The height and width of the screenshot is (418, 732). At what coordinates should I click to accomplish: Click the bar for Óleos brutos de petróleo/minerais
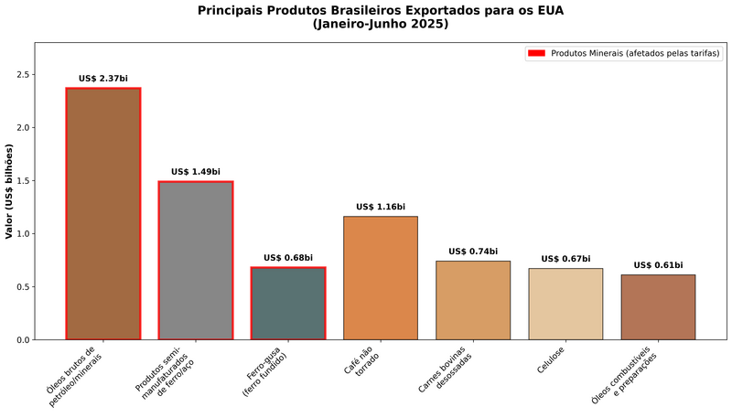103,214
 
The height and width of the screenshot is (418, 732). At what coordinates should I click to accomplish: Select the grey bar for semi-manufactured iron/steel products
196,261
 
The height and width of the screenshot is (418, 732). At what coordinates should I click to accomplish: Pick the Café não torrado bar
381,278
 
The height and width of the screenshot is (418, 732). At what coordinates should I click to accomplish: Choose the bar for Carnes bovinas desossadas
473,300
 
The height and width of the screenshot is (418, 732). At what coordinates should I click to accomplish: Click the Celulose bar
565,304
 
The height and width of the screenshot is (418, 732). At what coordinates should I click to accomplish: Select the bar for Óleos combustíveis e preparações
658,307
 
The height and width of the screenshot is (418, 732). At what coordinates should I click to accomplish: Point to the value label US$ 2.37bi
103,79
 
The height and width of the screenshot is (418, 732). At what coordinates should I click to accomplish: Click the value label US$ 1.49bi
196,172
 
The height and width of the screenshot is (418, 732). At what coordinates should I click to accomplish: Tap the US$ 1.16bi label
381,207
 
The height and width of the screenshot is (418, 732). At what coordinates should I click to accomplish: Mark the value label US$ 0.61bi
658,265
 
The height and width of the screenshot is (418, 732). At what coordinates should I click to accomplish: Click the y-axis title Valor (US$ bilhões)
9,190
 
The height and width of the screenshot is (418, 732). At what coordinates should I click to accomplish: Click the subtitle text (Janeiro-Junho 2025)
381,25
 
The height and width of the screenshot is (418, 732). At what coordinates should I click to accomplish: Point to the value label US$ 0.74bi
473,252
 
